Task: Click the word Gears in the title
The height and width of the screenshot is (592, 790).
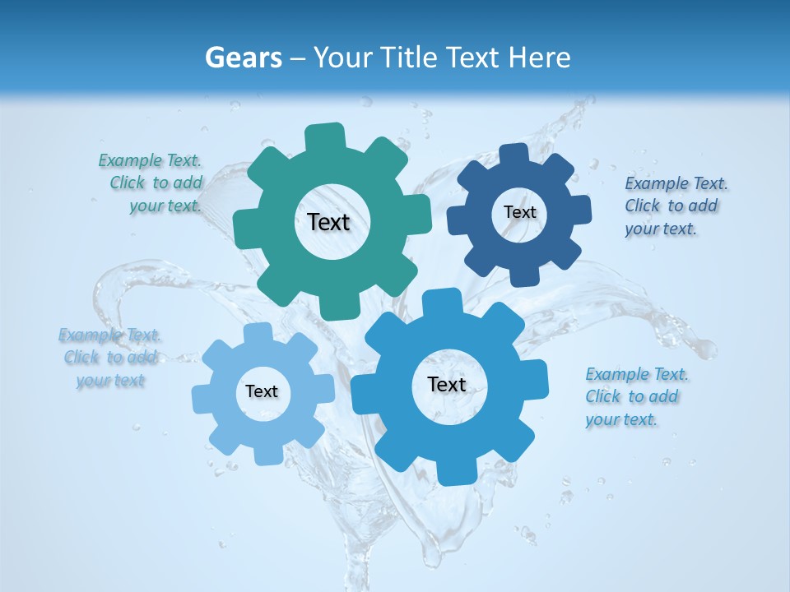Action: pyautogui.click(x=244, y=58)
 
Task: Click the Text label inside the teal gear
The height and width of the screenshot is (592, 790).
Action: pyautogui.click(x=328, y=222)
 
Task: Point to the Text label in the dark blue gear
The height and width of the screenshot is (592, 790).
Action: pyautogui.click(x=519, y=212)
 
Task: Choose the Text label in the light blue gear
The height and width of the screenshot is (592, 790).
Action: pyautogui.click(x=262, y=391)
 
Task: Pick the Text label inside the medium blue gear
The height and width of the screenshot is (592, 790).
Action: pyautogui.click(x=447, y=384)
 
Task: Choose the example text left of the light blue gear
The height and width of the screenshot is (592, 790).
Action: pyautogui.click(x=110, y=358)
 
